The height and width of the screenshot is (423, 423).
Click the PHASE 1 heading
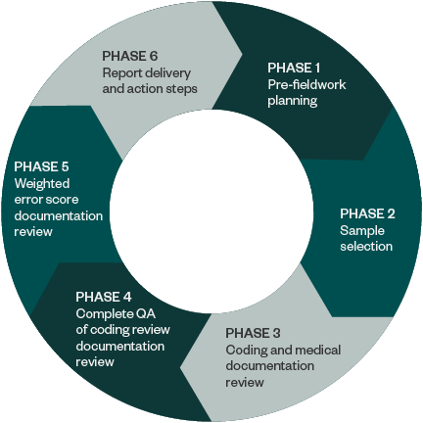coord(294,69)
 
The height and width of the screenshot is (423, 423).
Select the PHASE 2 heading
coord(367,212)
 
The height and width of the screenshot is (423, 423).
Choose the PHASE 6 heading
coord(129,55)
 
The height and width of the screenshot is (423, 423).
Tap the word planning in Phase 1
coord(293,100)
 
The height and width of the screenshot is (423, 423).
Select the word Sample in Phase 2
coord(360,229)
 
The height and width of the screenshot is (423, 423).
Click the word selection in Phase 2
coord(366,245)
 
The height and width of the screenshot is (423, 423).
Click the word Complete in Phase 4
coord(102,313)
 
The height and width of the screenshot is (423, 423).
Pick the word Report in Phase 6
coord(121,71)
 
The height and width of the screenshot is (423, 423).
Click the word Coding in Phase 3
coord(244,350)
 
